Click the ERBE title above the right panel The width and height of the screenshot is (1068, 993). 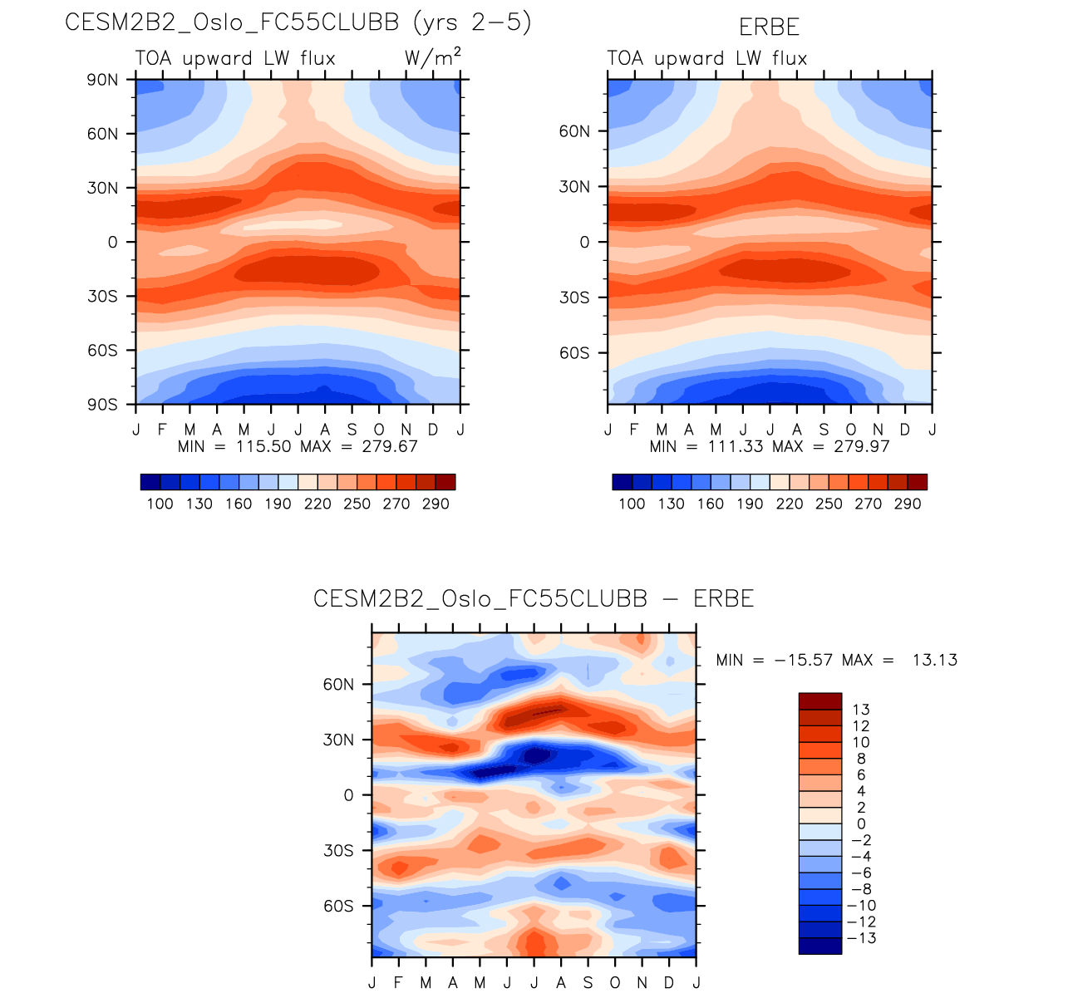click(769, 27)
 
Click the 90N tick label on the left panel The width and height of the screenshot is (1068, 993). click(102, 80)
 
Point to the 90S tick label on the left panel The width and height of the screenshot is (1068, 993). click(102, 405)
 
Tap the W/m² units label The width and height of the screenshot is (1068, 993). click(432, 57)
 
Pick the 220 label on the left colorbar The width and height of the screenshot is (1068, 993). click(317, 504)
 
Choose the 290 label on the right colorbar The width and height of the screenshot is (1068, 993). click(908, 504)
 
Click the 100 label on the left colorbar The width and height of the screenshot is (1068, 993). click(160, 504)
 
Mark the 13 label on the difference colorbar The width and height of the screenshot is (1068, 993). click(861, 710)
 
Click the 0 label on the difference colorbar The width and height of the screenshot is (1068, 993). click(861, 823)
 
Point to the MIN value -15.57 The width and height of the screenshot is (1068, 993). click(803, 660)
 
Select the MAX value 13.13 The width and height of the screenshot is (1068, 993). click(934, 660)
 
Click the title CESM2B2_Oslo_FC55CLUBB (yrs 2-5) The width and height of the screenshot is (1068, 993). click(298, 22)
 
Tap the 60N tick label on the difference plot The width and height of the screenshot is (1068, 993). click(338, 685)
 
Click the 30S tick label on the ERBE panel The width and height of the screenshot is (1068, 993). click(574, 297)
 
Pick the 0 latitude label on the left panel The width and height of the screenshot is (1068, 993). click(112, 242)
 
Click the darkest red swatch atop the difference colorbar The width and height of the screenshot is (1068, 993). click(819, 701)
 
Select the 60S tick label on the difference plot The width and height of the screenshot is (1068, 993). click(338, 906)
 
